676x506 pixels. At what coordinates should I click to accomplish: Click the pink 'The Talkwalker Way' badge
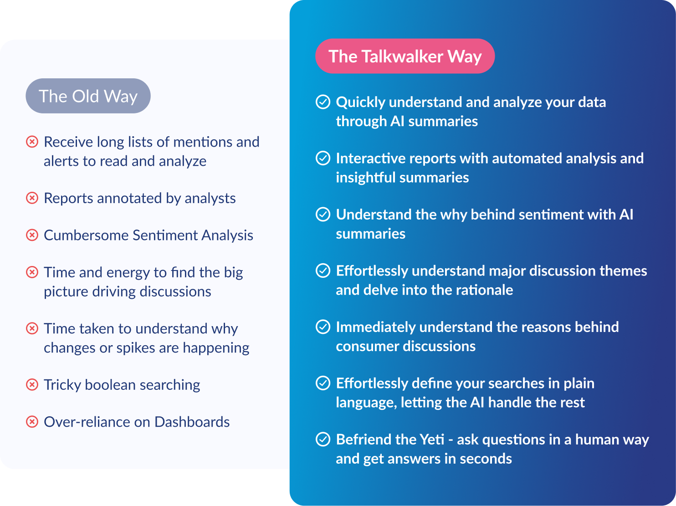pyautogui.click(x=405, y=56)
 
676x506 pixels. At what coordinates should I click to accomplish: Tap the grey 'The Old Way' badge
pyautogui.click(x=88, y=96)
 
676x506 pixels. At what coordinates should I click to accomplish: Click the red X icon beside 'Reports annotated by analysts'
pyautogui.click(x=32, y=198)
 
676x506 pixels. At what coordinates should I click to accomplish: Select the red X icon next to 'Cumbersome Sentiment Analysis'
pyautogui.click(x=32, y=235)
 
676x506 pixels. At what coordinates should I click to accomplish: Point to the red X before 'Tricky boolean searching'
pyautogui.click(x=32, y=385)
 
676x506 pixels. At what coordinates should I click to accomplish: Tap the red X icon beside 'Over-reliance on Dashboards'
pyautogui.click(x=32, y=422)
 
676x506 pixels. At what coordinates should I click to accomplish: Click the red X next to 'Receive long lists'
pyautogui.click(x=32, y=142)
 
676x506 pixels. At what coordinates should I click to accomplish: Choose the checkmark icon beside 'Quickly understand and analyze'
pyautogui.click(x=323, y=102)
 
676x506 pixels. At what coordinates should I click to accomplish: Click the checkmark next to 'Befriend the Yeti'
pyautogui.click(x=323, y=440)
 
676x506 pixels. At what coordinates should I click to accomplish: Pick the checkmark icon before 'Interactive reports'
pyautogui.click(x=323, y=158)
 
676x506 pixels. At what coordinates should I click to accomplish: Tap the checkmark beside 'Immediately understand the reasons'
pyautogui.click(x=323, y=327)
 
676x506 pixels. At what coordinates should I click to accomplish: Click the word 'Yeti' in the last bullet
pyautogui.click(x=432, y=440)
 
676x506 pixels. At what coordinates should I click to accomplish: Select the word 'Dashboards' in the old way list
pyautogui.click(x=192, y=422)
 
